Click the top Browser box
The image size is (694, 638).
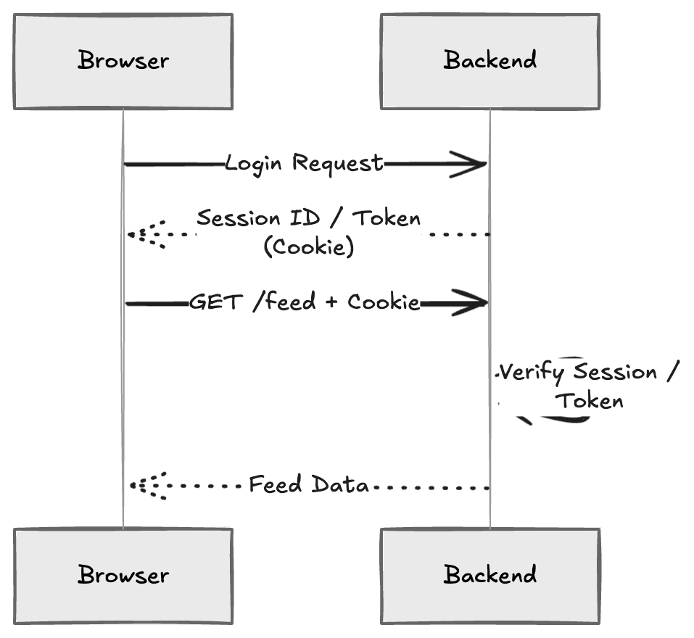123,61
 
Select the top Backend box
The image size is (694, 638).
490,61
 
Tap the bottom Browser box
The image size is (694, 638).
123,575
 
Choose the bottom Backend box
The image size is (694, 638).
490,575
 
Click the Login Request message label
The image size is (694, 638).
303,163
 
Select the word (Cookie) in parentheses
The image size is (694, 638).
308,247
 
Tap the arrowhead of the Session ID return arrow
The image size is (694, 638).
138,234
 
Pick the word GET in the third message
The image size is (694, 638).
215,302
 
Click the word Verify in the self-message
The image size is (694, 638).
532,373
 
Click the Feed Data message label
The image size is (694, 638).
309,484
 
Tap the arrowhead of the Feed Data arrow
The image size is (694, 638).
138,486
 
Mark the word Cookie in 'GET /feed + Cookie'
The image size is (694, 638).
384,302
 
